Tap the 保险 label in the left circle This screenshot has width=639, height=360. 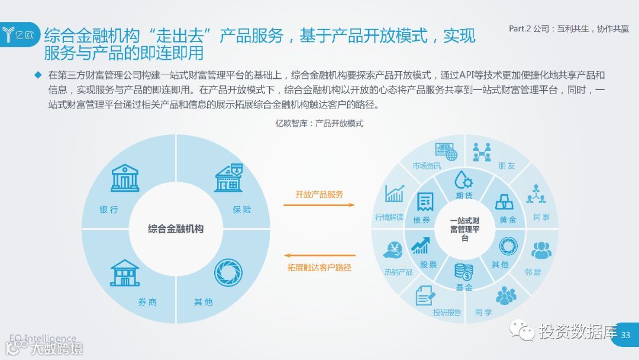[x=241, y=210]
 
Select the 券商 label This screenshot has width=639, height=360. [x=147, y=302]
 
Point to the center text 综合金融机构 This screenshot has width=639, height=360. [x=176, y=229]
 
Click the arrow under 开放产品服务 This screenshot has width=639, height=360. [x=319, y=205]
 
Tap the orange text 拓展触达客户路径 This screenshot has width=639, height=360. [x=319, y=267]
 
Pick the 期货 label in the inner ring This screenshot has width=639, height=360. [x=464, y=195]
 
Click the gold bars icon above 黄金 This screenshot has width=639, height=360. [x=506, y=202]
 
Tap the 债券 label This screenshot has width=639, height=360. [x=421, y=220]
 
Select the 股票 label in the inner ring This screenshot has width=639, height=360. [x=428, y=265]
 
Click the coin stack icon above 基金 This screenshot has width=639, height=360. [x=464, y=272]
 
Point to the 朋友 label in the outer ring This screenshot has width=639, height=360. [x=506, y=166]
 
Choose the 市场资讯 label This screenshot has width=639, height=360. [x=427, y=166]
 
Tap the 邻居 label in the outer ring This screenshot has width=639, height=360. [x=532, y=272]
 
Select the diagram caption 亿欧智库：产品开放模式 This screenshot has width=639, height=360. [x=319, y=124]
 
